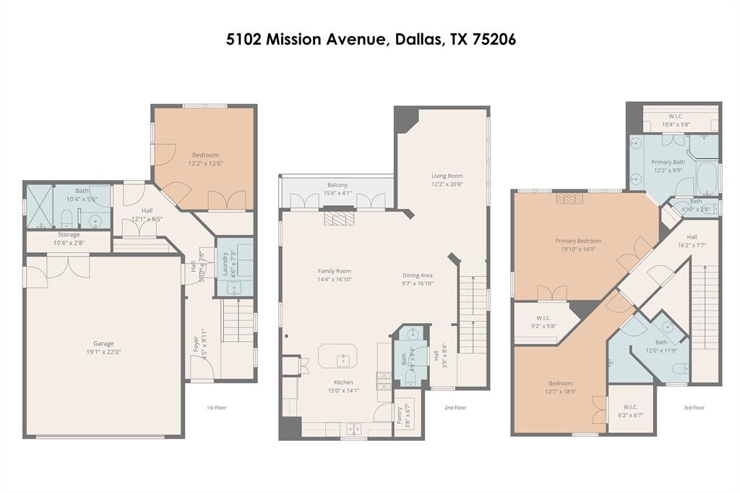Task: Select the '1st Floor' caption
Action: (x=216, y=408)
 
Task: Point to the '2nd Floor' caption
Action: (x=455, y=408)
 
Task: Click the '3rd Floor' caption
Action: (x=694, y=408)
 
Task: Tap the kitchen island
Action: (x=337, y=356)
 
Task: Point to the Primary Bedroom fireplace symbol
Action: (x=568, y=199)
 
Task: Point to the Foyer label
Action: (x=196, y=343)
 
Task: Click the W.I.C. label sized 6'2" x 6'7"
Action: (x=631, y=411)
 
